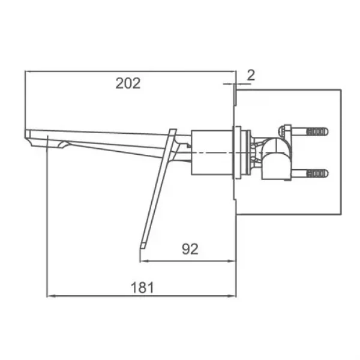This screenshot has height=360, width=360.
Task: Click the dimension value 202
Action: (128, 83)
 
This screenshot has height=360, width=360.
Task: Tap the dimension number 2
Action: (251, 75)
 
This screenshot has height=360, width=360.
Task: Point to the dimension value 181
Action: (142, 287)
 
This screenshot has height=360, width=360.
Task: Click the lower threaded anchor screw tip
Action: (327, 174)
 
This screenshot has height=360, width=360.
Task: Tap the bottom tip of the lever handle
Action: (143, 246)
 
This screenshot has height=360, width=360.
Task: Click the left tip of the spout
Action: (26, 133)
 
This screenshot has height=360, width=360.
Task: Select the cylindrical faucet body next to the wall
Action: (212, 152)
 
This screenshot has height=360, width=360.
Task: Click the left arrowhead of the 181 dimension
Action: (49, 296)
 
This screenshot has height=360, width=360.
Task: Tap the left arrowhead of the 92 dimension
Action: (142, 261)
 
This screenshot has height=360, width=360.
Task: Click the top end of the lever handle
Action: (173, 130)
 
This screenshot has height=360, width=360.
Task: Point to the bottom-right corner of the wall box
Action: (341, 215)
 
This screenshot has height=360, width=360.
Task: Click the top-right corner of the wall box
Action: (341, 90)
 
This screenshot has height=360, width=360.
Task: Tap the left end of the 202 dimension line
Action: (26, 71)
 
